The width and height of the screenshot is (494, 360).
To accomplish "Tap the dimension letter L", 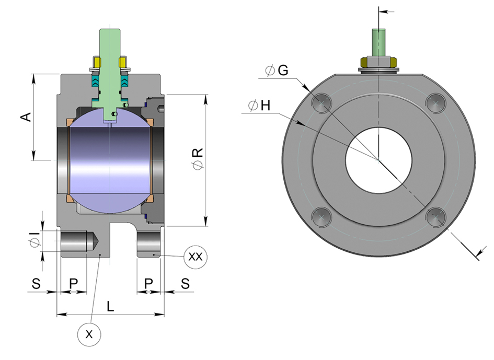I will pos(110,307).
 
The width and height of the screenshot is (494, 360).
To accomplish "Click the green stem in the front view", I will pos(377,42).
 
